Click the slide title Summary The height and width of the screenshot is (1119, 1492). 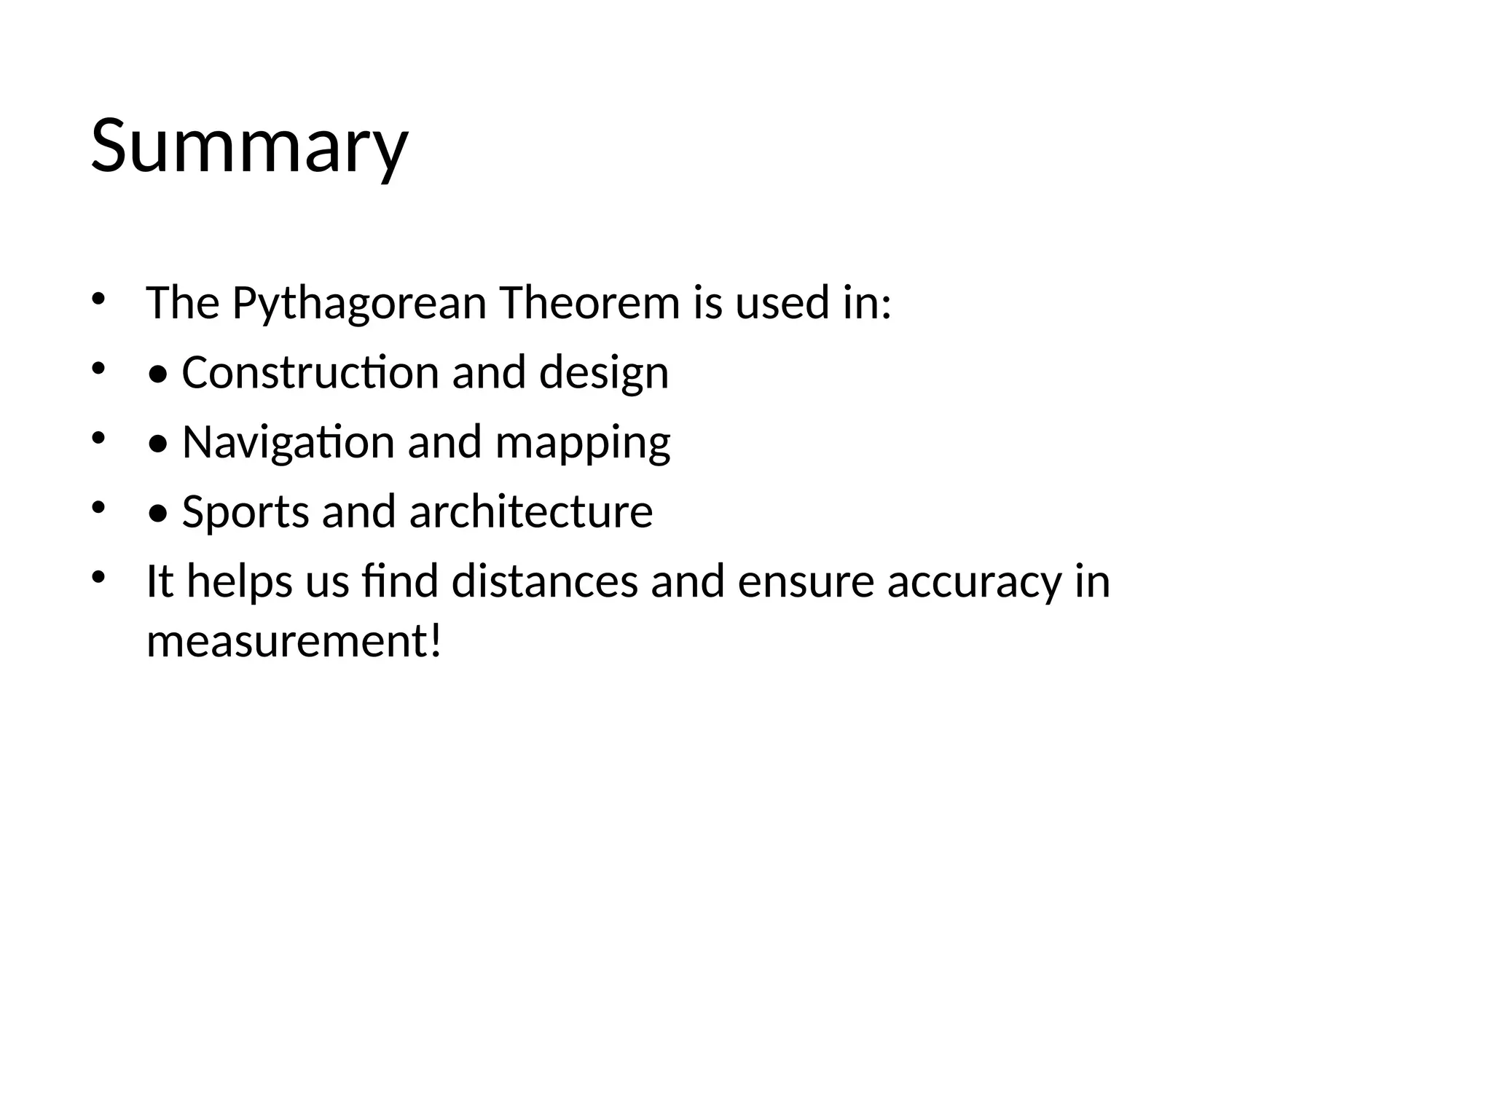tap(249, 147)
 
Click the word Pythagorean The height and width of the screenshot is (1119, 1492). tap(359, 303)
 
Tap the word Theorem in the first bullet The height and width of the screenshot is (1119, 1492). tap(589, 303)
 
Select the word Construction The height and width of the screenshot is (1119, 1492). tap(310, 372)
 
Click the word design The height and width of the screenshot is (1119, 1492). tap(603, 372)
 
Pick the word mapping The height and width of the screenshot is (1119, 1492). tap(582, 444)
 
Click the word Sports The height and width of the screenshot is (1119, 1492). tap(245, 512)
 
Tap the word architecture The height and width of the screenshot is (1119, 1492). tap(531, 511)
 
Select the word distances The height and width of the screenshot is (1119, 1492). tap(544, 581)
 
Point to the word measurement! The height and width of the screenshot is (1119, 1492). tap(294, 642)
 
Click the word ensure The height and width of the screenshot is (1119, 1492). tap(805, 582)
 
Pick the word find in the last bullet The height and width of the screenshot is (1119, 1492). tap(399, 581)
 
